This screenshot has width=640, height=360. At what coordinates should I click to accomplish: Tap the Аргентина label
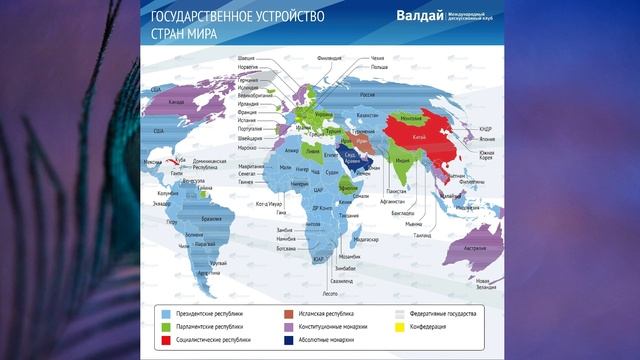pos(208,273)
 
